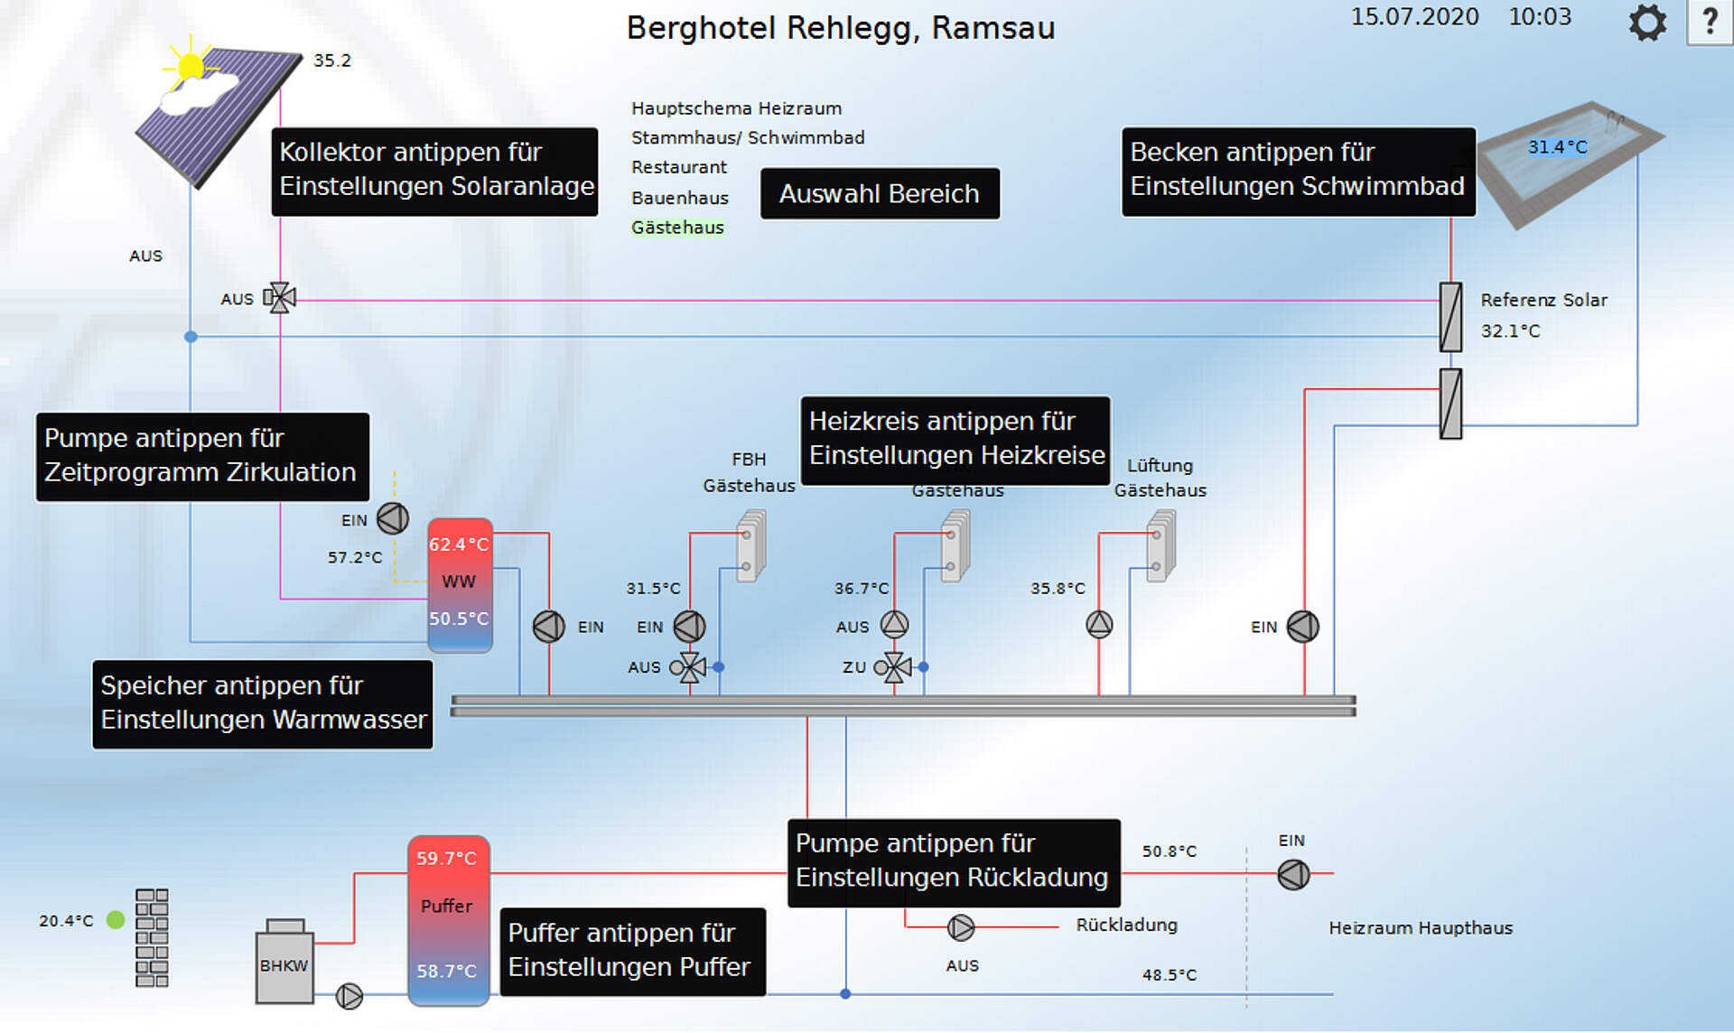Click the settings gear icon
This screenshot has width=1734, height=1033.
coord(1647,23)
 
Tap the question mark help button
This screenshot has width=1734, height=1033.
coord(1710,22)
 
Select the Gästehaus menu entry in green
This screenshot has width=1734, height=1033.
coord(677,228)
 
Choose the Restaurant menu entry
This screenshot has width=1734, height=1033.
coord(678,167)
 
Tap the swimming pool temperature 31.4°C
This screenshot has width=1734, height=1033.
coord(1557,147)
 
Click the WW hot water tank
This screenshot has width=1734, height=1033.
coord(460,583)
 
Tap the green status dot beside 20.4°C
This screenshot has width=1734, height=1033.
coord(116,920)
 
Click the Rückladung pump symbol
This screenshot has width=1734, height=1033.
coord(960,927)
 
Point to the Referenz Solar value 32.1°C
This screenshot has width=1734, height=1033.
coord(1510,331)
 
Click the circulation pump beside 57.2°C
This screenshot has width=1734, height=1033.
coord(393,518)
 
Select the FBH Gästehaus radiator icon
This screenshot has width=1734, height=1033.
coord(750,545)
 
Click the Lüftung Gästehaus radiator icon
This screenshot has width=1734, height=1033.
coord(1161,545)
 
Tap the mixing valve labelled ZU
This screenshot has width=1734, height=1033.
coord(894,667)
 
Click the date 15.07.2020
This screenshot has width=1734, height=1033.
coord(1414,17)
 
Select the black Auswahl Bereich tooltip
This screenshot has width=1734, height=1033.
coord(880,193)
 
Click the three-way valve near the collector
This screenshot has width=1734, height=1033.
coord(280,297)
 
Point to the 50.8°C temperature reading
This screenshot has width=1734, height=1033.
coord(1169,852)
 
